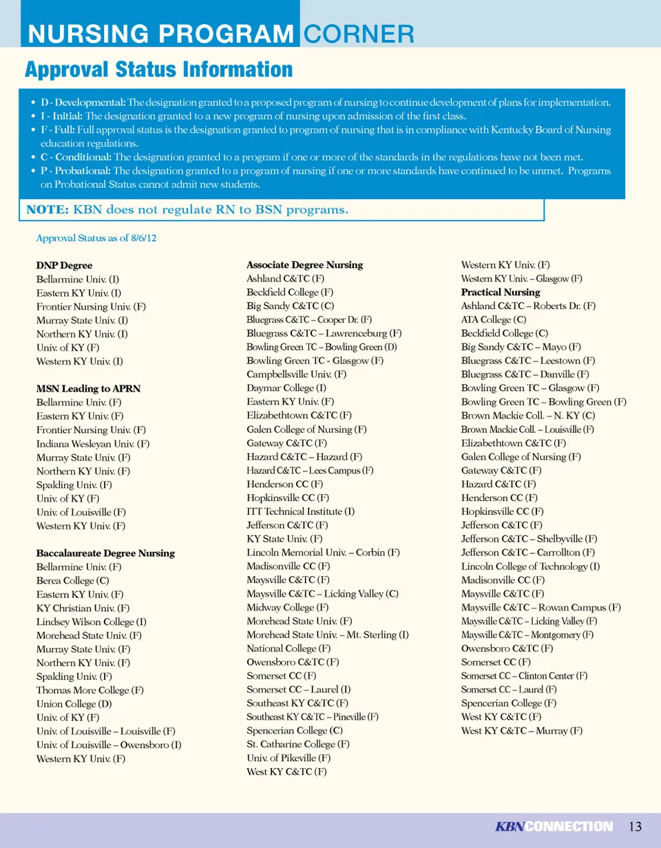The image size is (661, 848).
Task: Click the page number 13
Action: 635,827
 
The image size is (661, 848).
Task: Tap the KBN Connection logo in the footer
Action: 554,827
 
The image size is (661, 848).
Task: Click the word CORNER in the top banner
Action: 359,34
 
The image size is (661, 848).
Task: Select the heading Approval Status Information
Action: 158,70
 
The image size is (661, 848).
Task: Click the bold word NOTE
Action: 47,209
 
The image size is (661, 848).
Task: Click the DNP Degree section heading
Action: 64,266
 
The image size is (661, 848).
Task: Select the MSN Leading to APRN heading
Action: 88,389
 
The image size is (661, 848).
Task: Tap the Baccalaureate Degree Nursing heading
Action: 105,553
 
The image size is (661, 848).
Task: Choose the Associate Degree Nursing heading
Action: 304,265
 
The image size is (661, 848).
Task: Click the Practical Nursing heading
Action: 501,293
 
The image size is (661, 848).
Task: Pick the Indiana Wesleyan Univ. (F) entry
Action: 93,444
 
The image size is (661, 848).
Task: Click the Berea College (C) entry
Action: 72,581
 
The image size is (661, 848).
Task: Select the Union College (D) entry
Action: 74,704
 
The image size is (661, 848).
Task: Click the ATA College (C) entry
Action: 494,320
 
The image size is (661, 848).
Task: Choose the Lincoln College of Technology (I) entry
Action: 530,566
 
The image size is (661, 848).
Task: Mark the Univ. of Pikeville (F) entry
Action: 288,758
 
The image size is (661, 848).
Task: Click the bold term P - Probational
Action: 76,171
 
